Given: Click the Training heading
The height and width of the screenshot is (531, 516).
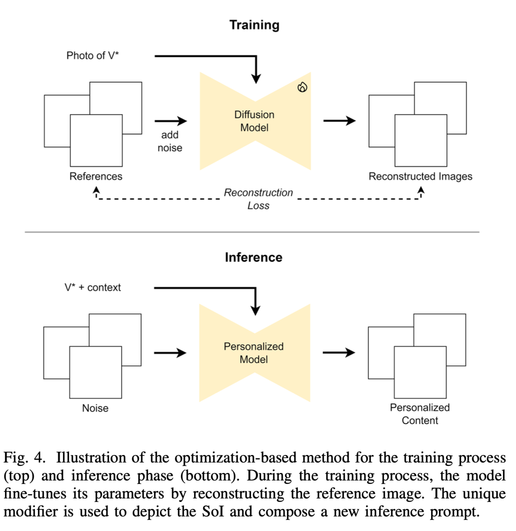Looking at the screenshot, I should pyautogui.click(x=254, y=25).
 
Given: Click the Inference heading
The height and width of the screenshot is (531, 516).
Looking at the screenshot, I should pyautogui.click(x=254, y=257).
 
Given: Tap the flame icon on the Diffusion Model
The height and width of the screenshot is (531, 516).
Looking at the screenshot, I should pyautogui.click(x=302, y=87).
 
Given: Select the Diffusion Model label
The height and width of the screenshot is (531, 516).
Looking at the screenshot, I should pyautogui.click(x=254, y=121).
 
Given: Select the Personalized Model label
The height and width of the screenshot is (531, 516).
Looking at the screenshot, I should pyautogui.click(x=254, y=353).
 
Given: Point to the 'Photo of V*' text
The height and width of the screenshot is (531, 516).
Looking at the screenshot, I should pyautogui.click(x=92, y=56).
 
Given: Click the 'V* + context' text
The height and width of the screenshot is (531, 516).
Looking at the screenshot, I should pyautogui.click(x=92, y=288).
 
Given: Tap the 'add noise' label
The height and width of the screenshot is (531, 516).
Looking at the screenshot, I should pyautogui.click(x=170, y=141).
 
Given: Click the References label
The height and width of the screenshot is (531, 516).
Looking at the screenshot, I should pyautogui.click(x=96, y=176).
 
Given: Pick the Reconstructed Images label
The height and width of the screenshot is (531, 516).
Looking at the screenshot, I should pyautogui.click(x=420, y=176).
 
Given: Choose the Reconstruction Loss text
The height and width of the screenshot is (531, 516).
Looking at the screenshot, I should pyautogui.click(x=258, y=199).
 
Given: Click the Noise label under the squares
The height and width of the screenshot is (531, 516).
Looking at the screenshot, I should pyautogui.click(x=95, y=408).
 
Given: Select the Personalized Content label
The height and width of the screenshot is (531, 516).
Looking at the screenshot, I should pyautogui.click(x=420, y=414).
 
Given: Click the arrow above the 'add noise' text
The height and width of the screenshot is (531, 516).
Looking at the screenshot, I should pyautogui.click(x=170, y=121).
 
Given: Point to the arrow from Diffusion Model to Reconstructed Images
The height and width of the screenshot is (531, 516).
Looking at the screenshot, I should pyautogui.click(x=339, y=121).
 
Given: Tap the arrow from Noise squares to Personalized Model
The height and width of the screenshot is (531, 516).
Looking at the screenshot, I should pyautogui.click(x=170, y=353).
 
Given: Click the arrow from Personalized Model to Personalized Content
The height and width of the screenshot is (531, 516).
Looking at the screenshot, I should pyautogui.click(x=339, y=352).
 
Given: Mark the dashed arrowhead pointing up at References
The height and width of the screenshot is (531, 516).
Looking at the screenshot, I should pyautogui.click(x=96, y=191).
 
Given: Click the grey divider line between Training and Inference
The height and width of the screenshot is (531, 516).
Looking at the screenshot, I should pyautogui.click(x=252, y=232).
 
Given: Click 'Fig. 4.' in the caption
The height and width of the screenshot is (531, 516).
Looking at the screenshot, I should pyautogui.click(x=24, y=458).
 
